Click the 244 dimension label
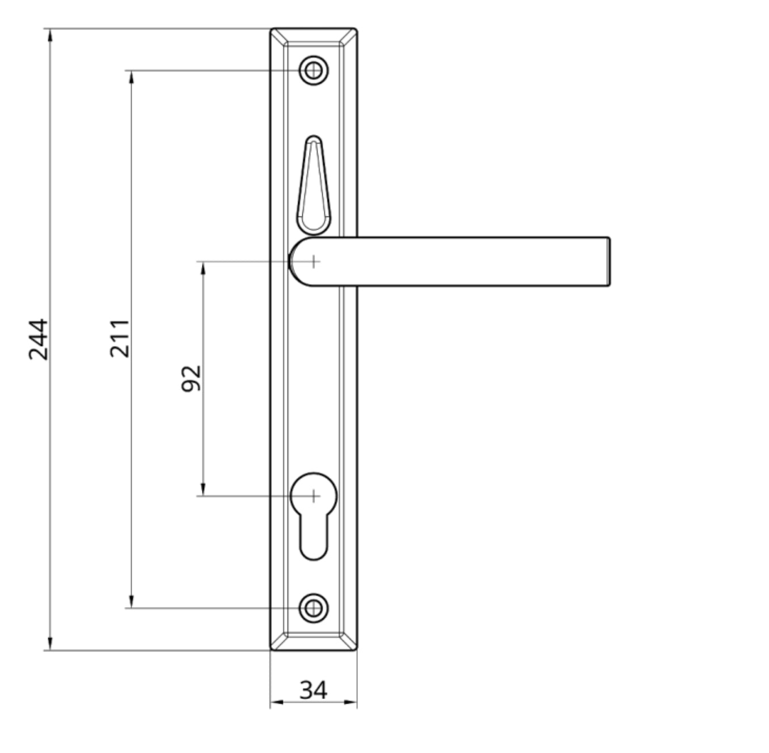click(39, 339)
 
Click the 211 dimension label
click(120, 338)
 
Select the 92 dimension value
click(191, 378)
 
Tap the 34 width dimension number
click(313, 690)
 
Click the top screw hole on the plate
click(313, 71)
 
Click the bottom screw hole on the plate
click(313, 608)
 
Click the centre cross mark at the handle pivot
click(313, 261)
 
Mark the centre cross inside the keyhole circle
click(313, 496)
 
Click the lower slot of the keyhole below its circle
click(313, 538)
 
